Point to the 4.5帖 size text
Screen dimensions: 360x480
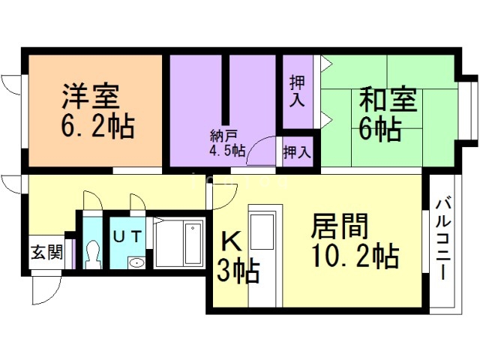[x=227, y=150]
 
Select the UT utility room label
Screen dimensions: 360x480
[x=128, y=234]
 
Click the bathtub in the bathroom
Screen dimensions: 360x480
[x=179, y=243]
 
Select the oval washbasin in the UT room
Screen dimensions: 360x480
[x=136, y=262]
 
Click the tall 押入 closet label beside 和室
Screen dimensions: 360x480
[x=297, y=89]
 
